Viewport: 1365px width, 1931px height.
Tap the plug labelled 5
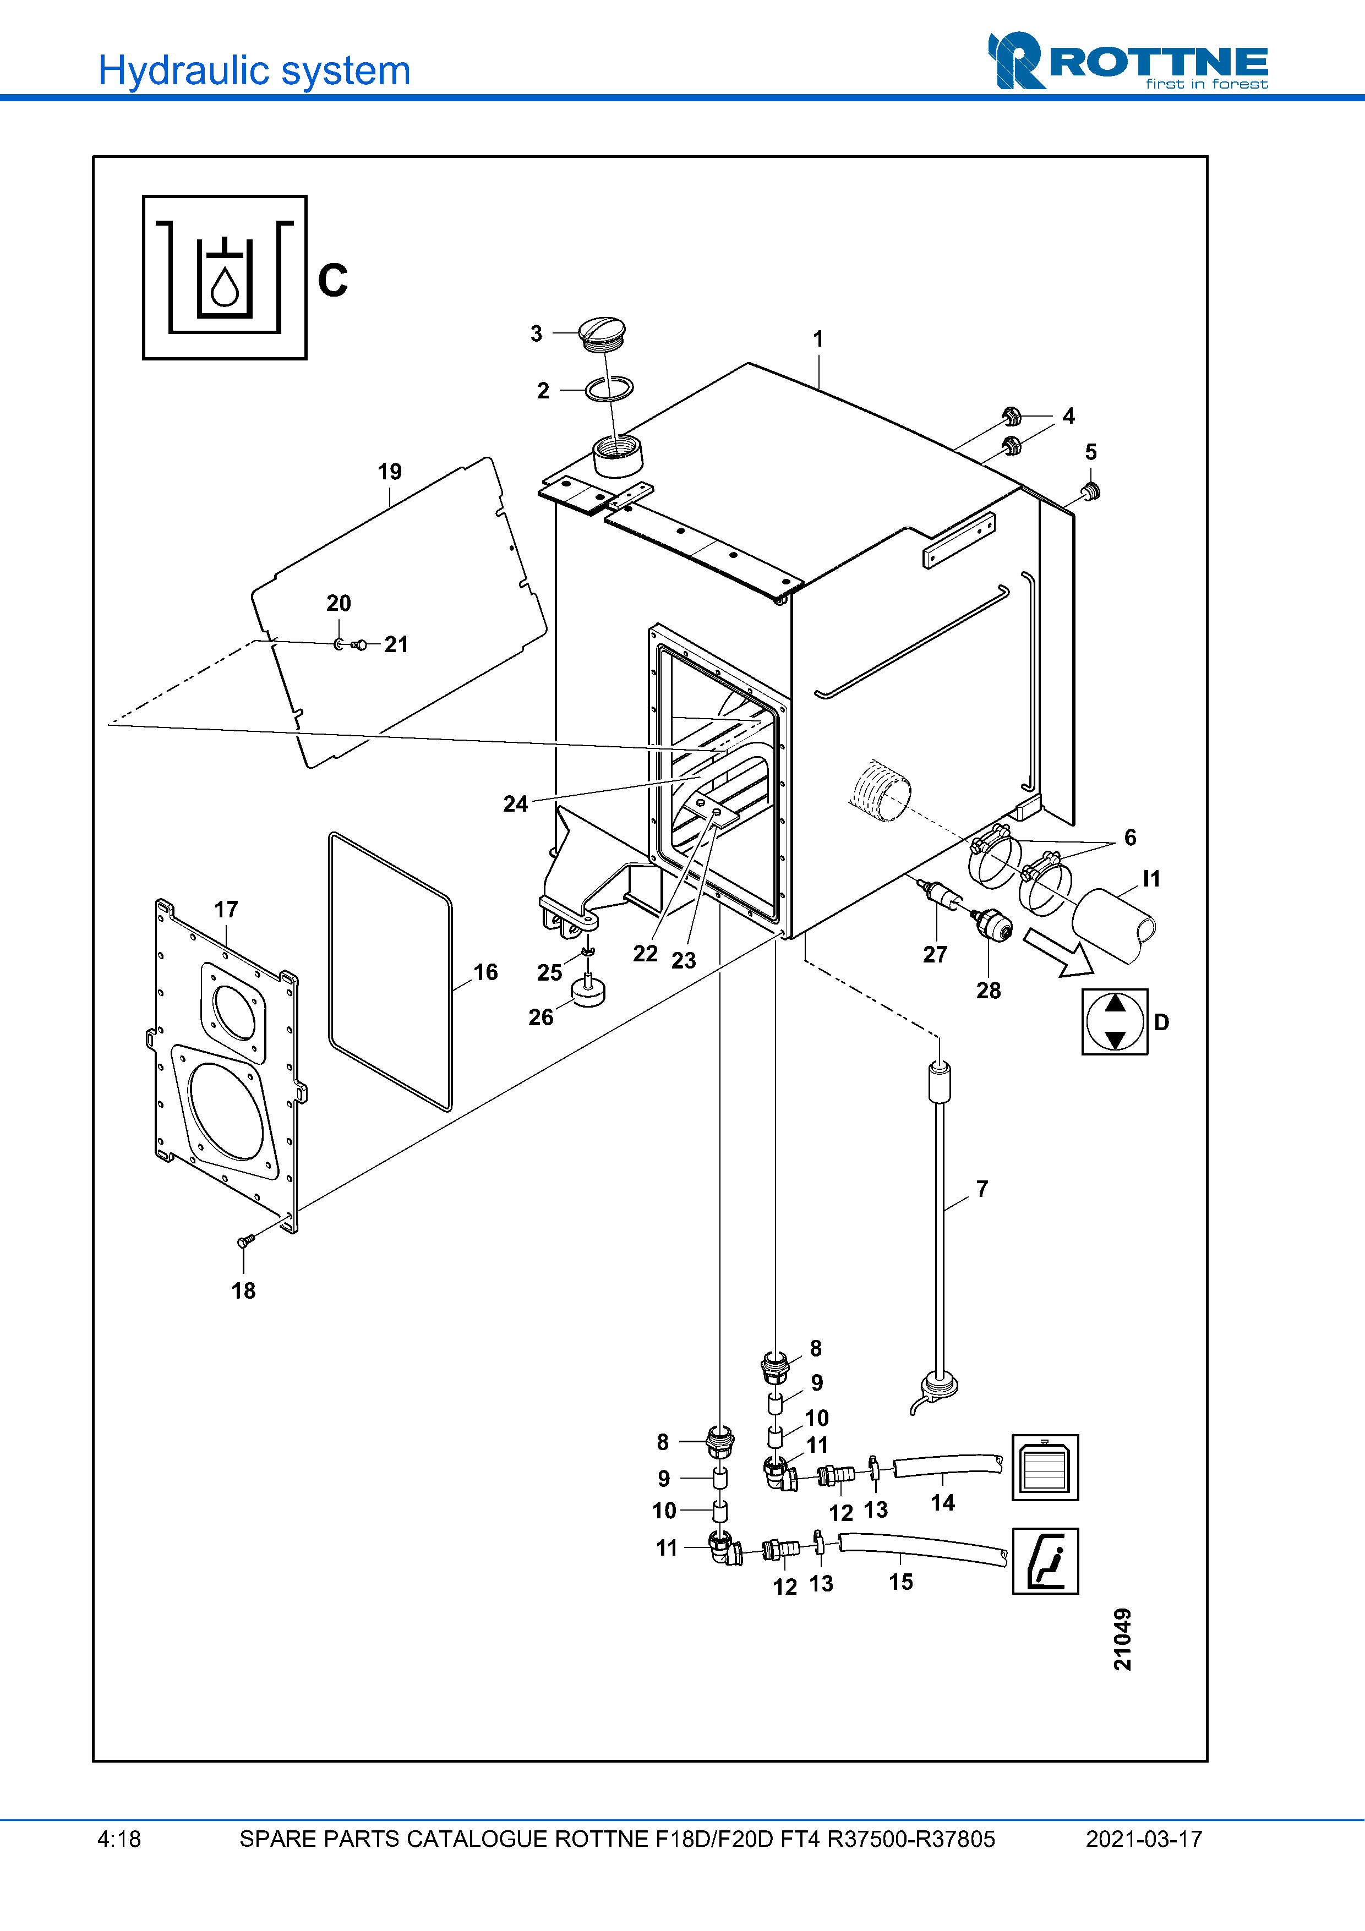[1091, 491]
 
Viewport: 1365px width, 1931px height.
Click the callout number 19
[389, 472]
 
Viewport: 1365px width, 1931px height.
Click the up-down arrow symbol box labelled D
[1115, 1022]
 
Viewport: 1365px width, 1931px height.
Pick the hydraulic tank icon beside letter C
[225, 277]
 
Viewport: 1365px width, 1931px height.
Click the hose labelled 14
[947, 1466]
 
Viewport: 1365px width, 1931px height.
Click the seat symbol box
[1045, 1561]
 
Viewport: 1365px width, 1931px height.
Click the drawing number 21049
[1122, 1639]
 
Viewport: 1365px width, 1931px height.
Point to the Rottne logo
[1128, 61]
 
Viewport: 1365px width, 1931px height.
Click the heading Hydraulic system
[254, 70]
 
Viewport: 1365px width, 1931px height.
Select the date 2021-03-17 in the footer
[1143, 1839]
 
